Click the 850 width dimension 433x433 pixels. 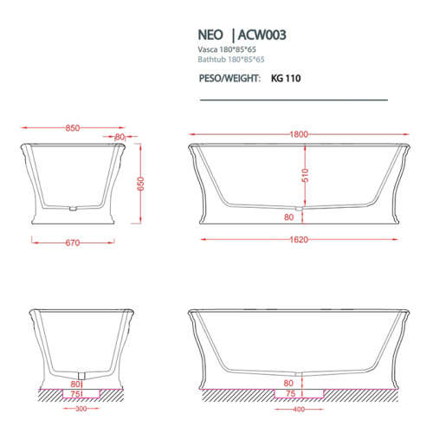click(73, 128)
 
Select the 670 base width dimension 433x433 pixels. click(73, 243)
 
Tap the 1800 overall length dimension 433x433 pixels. click(297, 134)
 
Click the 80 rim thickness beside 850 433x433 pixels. click(120, 137)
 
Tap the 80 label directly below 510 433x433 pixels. click(288, 217)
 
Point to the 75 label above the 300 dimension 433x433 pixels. click(75, 391)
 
